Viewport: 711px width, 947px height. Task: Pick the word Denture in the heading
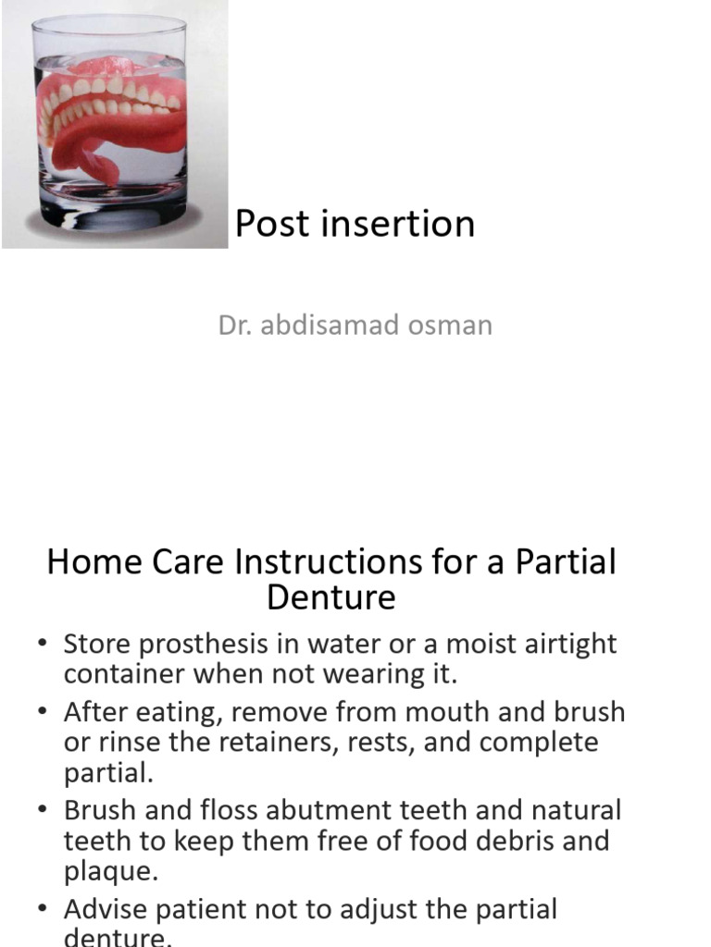point(331,597)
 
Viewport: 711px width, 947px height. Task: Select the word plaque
point(106,871)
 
